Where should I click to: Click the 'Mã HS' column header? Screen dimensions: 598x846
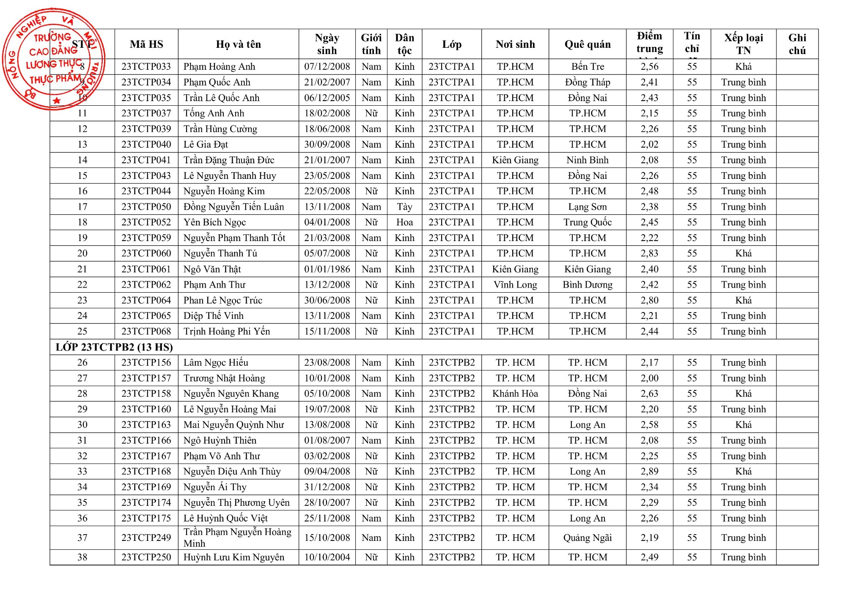point(146,44)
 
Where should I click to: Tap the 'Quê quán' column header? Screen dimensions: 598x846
point(587,44)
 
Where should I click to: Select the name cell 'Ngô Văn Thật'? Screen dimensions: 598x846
point(212,269)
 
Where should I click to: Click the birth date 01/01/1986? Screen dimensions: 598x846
point(327,269)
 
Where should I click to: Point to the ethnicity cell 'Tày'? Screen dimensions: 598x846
point(404,207)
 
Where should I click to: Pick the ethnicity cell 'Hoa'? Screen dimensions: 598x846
point(404,222)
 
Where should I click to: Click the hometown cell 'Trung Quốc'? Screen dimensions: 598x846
point(587,222)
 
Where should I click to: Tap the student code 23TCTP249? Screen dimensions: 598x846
point(146,538)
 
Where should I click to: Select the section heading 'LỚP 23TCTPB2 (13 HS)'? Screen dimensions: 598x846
point(114,347)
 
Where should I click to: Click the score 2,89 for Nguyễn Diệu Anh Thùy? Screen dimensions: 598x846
point(649,472)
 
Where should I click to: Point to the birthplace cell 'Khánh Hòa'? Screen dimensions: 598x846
point(515,394)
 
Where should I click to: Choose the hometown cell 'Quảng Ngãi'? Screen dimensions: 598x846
point(587,538)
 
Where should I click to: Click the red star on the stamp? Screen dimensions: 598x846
point(57,101)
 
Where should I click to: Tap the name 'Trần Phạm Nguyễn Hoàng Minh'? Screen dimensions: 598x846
point(237,538)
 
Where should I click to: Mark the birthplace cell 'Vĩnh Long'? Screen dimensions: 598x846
point(515,285)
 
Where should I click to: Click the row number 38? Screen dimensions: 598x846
point(82,557)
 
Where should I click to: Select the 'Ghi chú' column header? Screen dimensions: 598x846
point(797,44)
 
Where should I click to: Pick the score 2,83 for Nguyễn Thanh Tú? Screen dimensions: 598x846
point(649,253)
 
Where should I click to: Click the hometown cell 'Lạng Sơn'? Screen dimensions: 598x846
point(587,207)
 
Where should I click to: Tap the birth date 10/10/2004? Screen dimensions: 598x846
point(327,557)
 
